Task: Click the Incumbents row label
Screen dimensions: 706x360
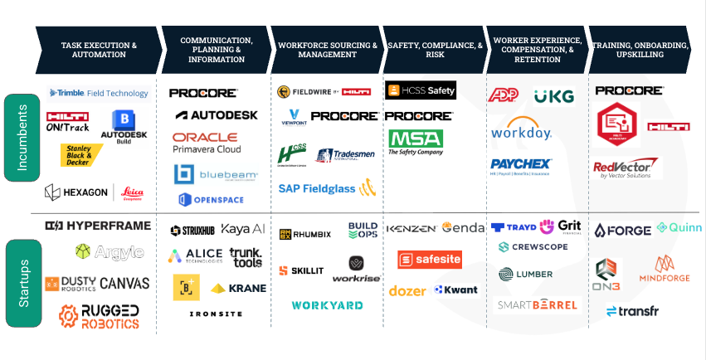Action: coord(22,137)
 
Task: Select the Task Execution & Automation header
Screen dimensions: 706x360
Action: coord(99,50)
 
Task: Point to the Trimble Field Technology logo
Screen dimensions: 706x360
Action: coord(99,94)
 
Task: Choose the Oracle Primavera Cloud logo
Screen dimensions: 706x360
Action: coord(207,143)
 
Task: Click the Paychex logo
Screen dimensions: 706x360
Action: coord(521,164)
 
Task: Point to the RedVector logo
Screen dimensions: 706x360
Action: coord(626,168)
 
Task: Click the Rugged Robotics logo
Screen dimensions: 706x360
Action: coord(98,316)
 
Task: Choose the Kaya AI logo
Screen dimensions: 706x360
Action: coord(243,230)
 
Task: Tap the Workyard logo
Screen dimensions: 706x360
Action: coord(327,305)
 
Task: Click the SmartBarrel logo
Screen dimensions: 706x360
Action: coord(537,305)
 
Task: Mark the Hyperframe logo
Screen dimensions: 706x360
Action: coord(98,226)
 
